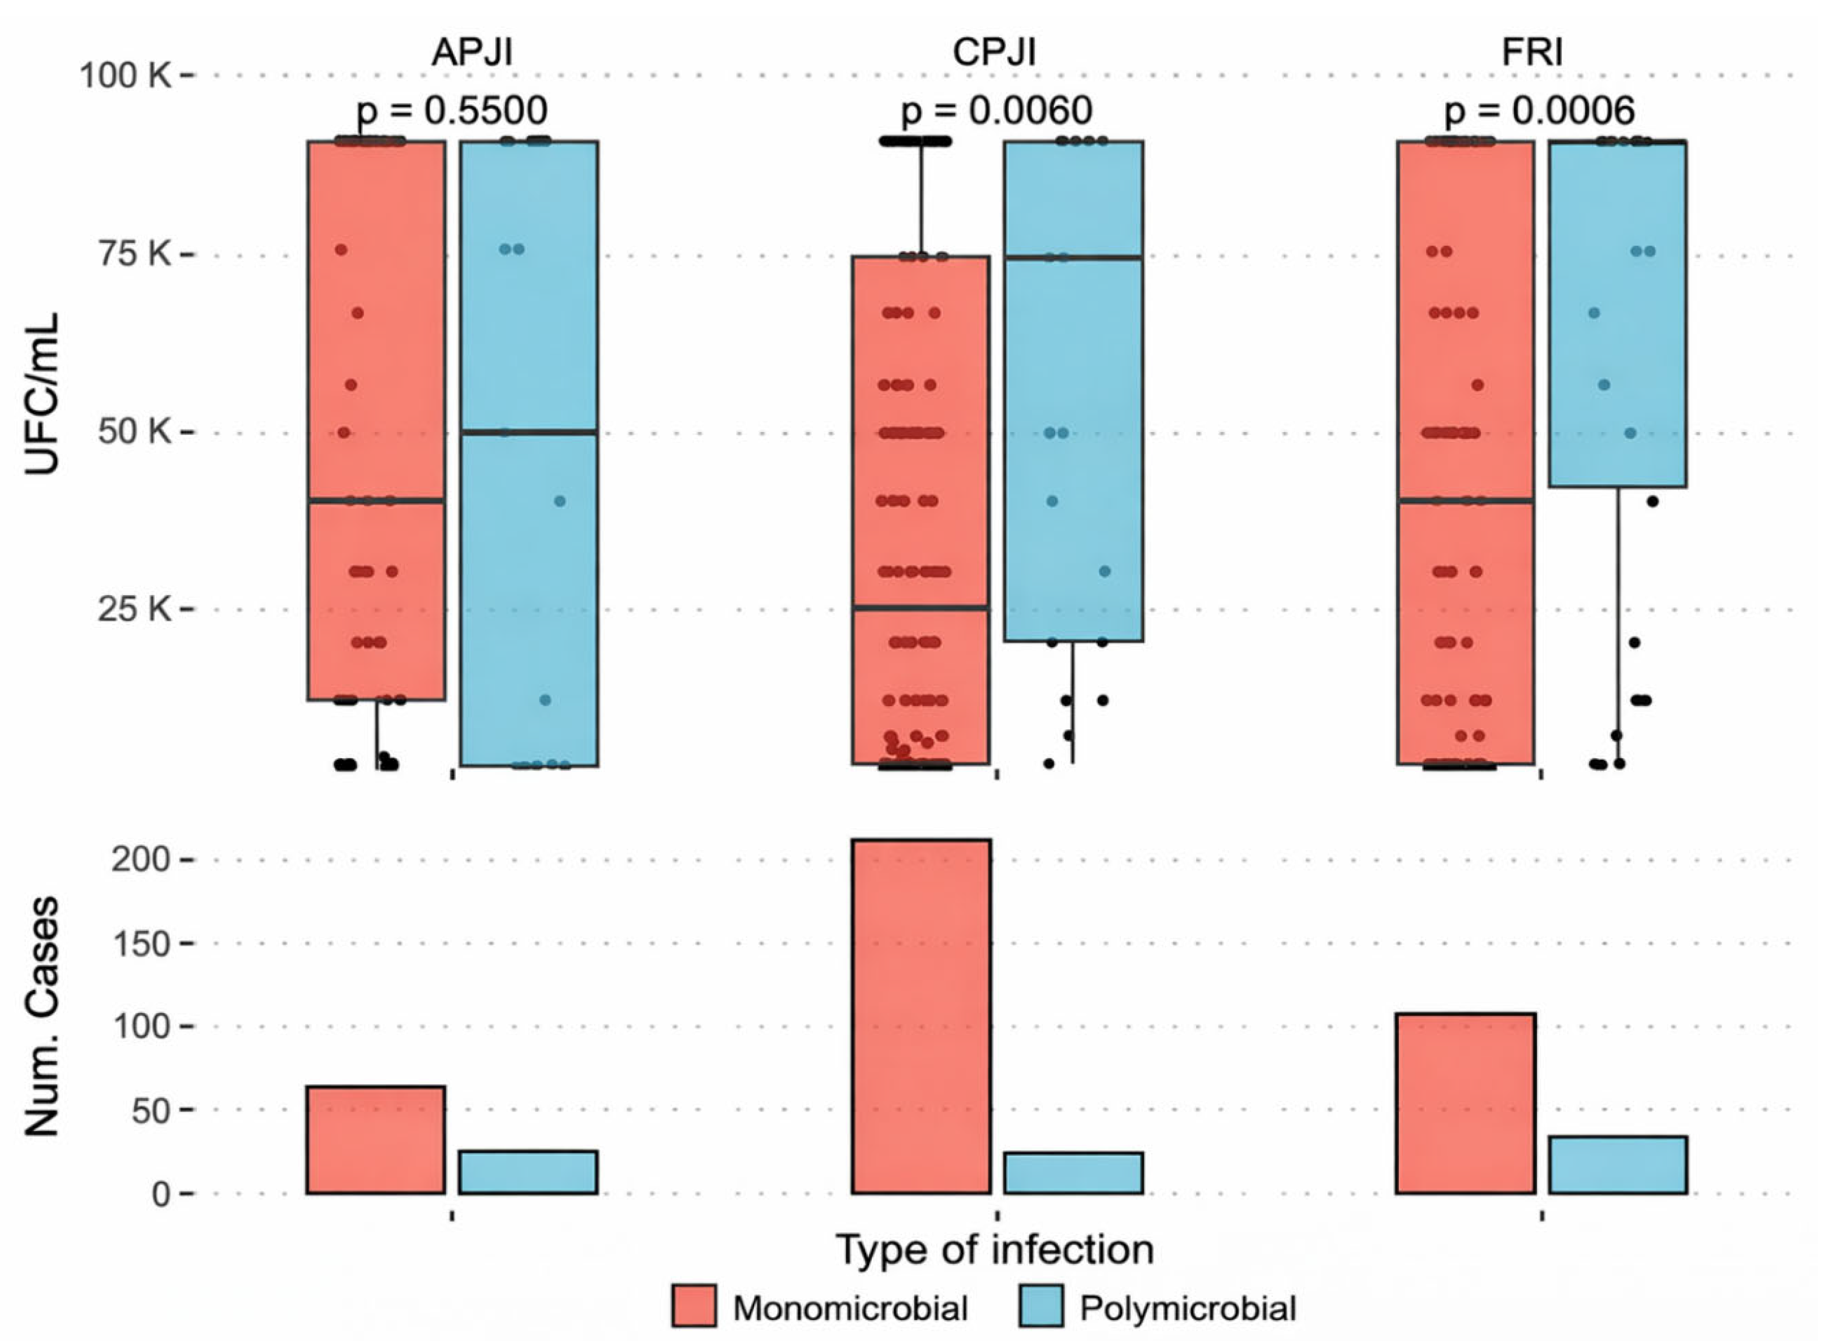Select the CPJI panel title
(994, 52)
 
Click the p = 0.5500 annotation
(452, 110)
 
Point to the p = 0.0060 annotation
(996, 110)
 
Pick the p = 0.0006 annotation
(1540, 110)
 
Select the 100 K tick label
(125, 76)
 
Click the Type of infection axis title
(995, 1249)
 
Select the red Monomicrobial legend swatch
(694, 1306)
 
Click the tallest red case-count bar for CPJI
(921, 1017)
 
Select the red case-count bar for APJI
(376, 1140)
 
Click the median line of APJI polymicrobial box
(529, 432)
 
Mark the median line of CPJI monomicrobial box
(921, 608)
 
